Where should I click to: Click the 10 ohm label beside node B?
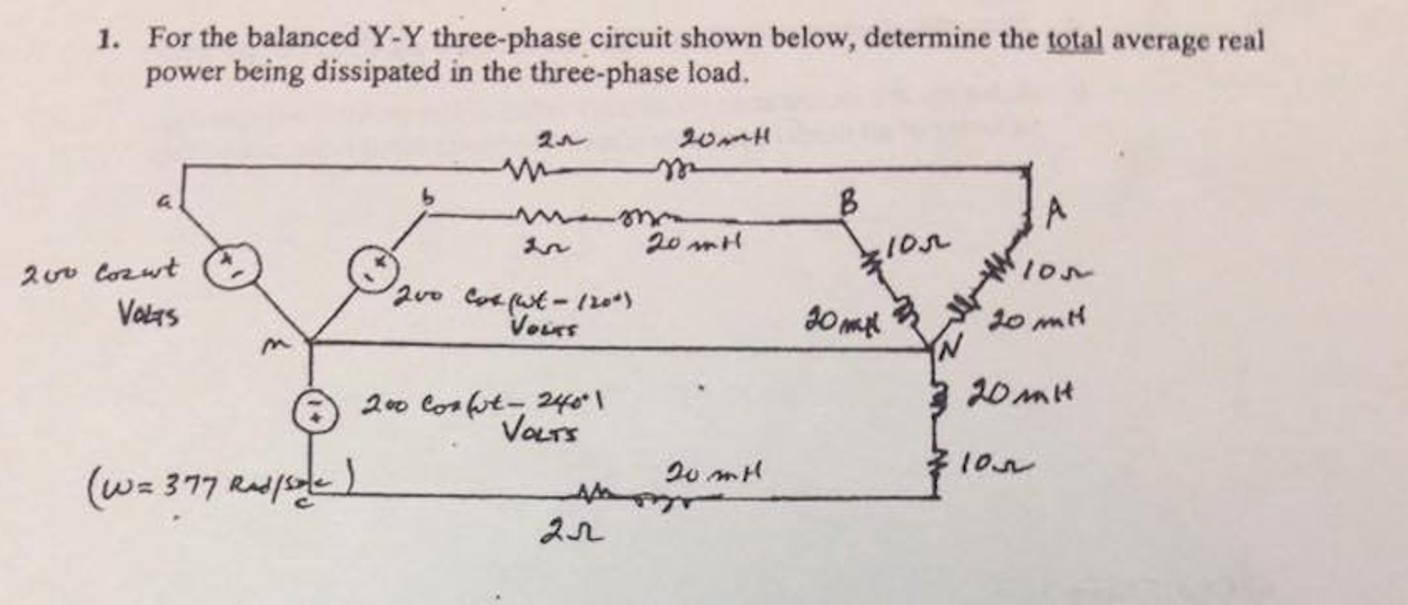[x=919, y=244]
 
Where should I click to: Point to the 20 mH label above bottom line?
[x=712, y=474]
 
